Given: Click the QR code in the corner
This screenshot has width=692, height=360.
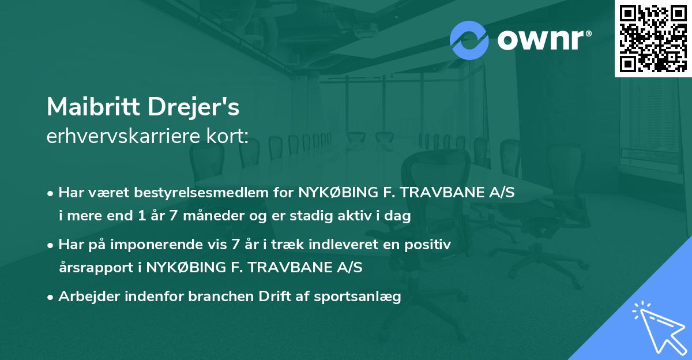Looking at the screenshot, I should pyautogui.click(x=653, y=39).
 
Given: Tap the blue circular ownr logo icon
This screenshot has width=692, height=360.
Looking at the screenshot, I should pyautogui.click(x=469, y=40).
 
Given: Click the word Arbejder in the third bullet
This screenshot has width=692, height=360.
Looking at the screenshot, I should pyautogui.click(x=86, y=297).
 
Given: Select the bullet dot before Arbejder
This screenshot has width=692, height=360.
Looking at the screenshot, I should pyautogui.click(x=51, y=297).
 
